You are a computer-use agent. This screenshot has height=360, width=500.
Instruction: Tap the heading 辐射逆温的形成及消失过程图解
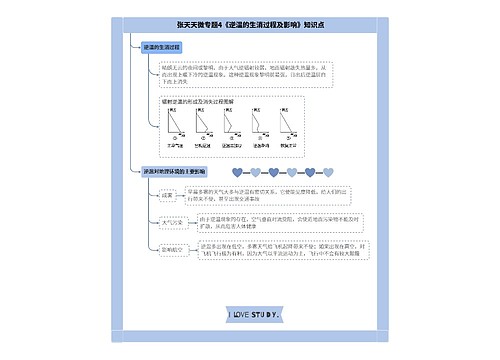198,102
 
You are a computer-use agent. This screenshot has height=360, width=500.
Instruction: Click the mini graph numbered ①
176,128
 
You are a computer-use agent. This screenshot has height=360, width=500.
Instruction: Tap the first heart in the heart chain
236,171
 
